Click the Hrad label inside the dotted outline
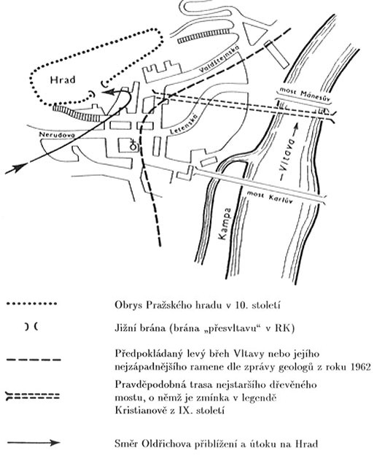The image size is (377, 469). click(x=63, y=80)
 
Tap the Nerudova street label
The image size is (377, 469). click(x=58, y=135)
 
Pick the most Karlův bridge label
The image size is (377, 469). click(x=269, y=197)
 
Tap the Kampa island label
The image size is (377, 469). click(x=225, y=223)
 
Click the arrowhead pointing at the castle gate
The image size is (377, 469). click(x=108, y=92)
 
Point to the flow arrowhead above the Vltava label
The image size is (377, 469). click(x=295, y=127)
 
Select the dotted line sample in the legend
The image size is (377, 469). click(x=31, y=304)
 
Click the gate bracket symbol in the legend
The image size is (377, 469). click(x=31, y=327)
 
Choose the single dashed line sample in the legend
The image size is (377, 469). click(x=34, y=360)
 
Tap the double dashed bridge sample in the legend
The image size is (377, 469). click(x=33, y=397)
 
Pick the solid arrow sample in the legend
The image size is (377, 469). click(x=34, y=443)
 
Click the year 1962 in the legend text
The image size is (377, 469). click(x=360, y=367)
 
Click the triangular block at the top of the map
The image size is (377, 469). click(x=254, y=32)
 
